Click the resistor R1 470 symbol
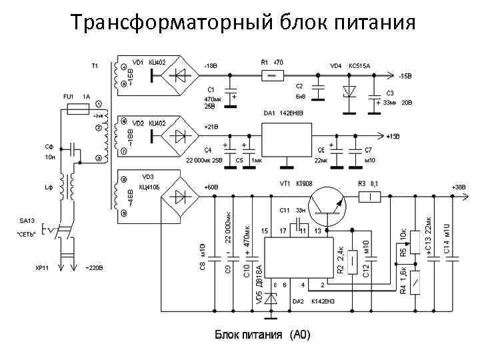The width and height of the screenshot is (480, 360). pos(272,75)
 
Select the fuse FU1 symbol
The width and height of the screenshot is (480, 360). pos(79,110)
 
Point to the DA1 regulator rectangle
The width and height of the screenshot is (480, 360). pos(283,141)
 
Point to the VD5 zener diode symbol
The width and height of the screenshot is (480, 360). pos(271,298)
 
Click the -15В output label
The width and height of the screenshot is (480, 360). pos(405,76)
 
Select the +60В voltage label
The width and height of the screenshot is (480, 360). pos(211,187)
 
